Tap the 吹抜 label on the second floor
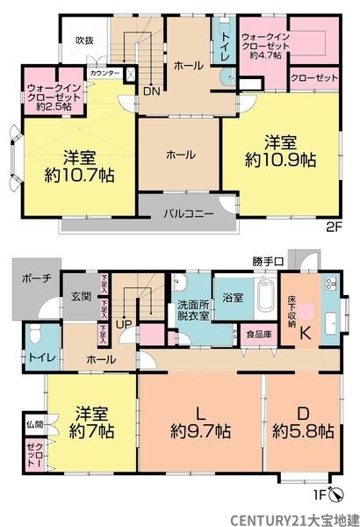[x=84, y=40]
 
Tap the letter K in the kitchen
[x=306, y=333]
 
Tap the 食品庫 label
[x=258, y=334]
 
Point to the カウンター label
[x=104, y=72]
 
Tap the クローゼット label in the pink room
[x=313, y=78]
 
